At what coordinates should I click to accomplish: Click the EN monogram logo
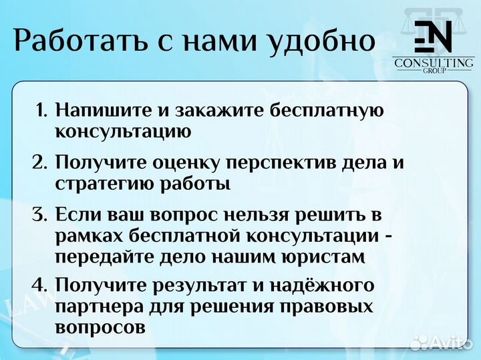434,37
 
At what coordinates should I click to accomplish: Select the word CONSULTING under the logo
434,63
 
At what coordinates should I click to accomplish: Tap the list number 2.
40,162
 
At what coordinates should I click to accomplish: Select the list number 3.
40,215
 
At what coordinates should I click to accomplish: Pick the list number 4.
40,286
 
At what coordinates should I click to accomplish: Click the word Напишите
104,110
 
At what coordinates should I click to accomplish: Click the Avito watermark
441,342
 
